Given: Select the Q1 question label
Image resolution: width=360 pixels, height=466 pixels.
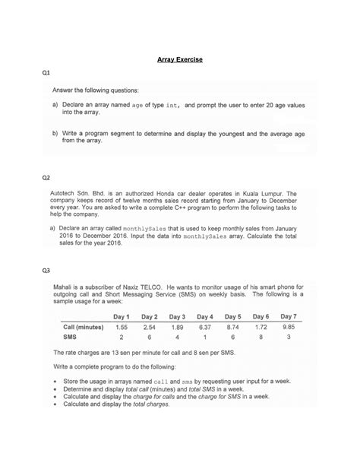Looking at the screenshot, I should pos(46,74).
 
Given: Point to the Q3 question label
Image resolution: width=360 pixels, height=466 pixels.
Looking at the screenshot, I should pos(46,270).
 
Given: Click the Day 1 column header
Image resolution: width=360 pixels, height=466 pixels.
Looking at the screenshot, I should pos(124,315).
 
